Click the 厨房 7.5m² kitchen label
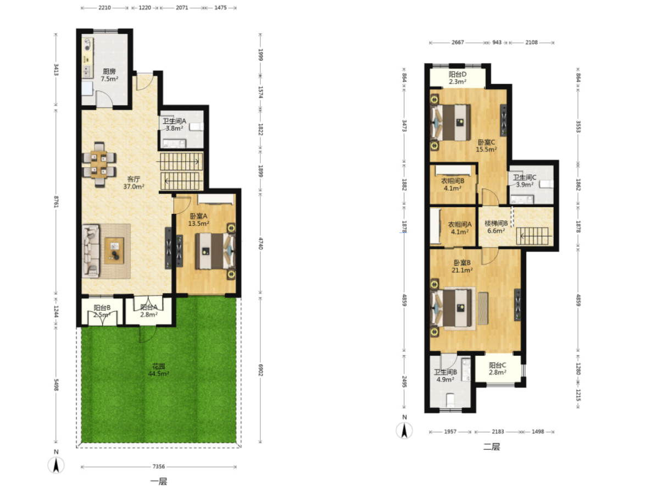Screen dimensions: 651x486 tap(110, 75)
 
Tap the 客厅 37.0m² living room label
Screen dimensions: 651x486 tap(133, 183)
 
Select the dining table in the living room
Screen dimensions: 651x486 tap(99, 164)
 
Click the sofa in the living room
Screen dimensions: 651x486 tap(91, 251)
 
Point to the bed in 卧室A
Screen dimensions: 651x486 tap(215, 251)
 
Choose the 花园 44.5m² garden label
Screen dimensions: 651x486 tap(159, 370)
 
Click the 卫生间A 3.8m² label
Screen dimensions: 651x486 tap(174, 125)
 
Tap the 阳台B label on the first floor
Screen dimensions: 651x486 tap(102, 308)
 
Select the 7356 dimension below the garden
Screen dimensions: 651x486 tap(159, 466)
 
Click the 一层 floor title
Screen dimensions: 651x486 tap(159, 481)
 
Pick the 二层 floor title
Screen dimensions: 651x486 tap(492, 447)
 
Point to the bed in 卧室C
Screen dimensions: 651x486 tap(451, 123)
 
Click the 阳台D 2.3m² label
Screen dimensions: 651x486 tap(457, 78)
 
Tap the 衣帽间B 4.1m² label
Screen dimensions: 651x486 tap(453, 185)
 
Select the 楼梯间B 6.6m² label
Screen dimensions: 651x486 tap(496, 227)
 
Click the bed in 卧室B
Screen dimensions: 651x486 tap(452, 308)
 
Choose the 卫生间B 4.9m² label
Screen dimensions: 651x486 tap(446, 375)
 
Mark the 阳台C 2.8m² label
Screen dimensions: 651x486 tap(497, 368)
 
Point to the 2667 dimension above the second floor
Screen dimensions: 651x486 tap(458, 42)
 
